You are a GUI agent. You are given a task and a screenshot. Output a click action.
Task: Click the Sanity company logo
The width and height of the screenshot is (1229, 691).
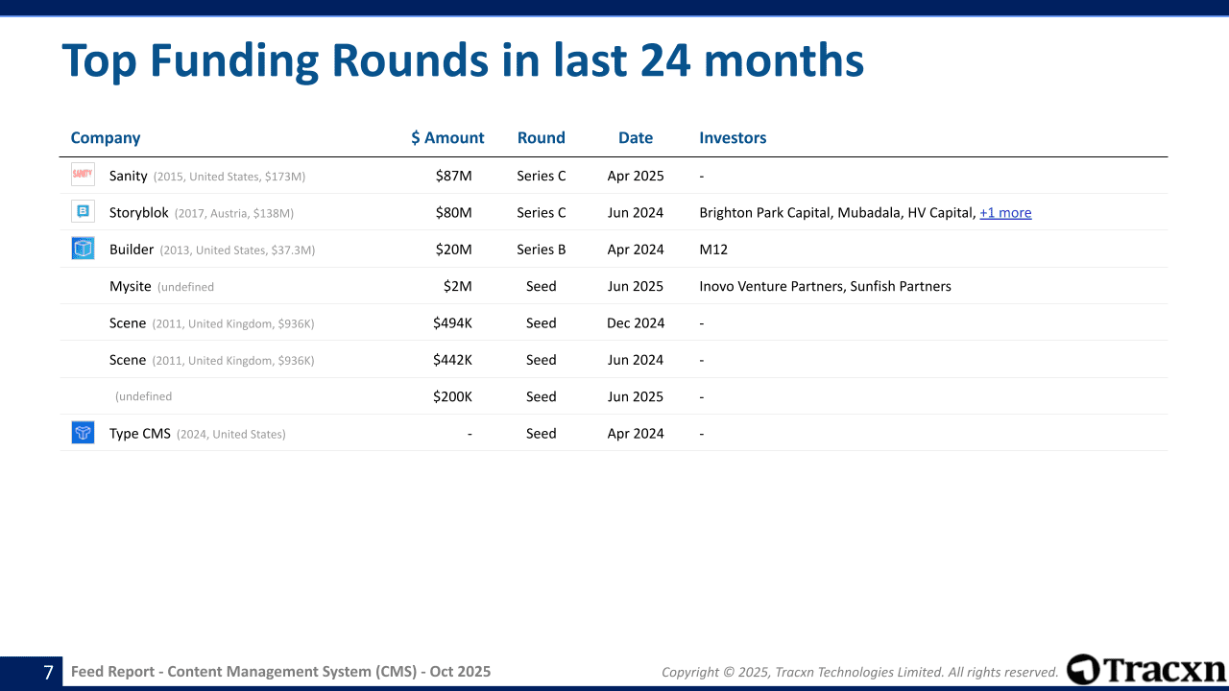pyautogui.click(x=83, y=175)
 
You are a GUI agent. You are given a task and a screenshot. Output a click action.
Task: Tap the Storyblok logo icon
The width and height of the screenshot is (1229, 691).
pyautogui.click(x=83, y=211)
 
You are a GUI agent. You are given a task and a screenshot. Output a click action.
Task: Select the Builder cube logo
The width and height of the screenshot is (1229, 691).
pyautogui.click(x=83, y=249)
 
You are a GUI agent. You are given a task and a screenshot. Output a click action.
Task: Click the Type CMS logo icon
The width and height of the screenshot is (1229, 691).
pyautogui.click(x=83, y=432)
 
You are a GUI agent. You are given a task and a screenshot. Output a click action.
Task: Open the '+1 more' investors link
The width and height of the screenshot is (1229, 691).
pyautogui.click(x=1005, y=212)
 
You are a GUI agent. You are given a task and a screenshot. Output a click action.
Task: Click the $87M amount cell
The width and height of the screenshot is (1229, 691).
pyautogui.click(x=454, y=176)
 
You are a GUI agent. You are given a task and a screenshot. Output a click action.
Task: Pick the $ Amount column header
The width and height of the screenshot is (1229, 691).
pyautogui.click(x=447, y=137)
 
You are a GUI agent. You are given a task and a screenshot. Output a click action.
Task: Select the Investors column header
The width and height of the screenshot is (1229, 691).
pyautogui.click(x=733, y=137)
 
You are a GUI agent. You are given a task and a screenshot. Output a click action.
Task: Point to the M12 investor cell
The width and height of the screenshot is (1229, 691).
pyautogui.click(x=713, y=249)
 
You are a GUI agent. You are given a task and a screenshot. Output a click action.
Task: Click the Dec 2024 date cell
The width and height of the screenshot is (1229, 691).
pyautogui.click(x=636, y=322)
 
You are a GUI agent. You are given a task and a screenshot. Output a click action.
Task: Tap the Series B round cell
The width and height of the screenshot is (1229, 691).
pyautogui.click(x=541, y=249)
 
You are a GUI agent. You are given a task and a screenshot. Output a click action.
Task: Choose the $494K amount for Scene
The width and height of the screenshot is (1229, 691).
pyautogui.click(x=452, y=322)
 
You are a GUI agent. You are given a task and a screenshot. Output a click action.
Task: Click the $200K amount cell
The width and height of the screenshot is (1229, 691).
pyautogui.click(x=452, y=396)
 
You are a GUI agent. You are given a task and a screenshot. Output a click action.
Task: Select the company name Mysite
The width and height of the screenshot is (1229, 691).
pyautogui.click(x=130, y=286)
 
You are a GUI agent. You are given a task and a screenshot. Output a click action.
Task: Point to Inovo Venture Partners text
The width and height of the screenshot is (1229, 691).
pyautogui.click(x=771, y=286)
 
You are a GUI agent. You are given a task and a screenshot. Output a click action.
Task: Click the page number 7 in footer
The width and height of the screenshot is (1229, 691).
pyautogui.click(x=48, y=672)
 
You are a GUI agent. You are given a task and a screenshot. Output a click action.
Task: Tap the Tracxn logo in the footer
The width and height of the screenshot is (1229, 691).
pyautogui.click(x=1145, y=669)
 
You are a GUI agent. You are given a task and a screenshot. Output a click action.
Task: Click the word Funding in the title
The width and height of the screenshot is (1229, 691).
pyautogui.click(x=234, y=61)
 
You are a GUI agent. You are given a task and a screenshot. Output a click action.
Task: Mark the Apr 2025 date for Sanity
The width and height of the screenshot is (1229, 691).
pyautogui.click(x=636, y=176)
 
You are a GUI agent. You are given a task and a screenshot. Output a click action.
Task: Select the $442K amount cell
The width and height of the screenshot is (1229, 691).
pyautogui.click(x=452, y=359)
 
